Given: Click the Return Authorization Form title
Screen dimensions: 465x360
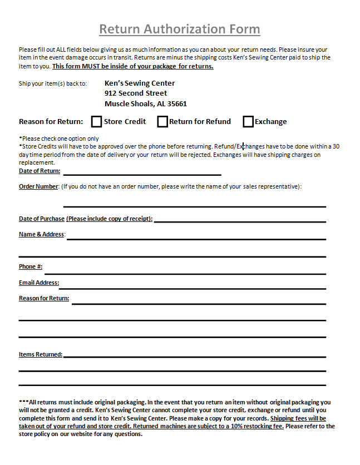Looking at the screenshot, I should click(x=179, y=29).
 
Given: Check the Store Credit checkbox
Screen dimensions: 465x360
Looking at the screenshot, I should click(x=97, y=121).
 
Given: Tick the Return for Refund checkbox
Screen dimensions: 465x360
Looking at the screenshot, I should click(x=162, y=121).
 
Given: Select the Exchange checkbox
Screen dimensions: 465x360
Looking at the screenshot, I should click(x=248, y=121).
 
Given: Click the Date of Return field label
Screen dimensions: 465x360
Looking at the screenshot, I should click(x=40, y=171).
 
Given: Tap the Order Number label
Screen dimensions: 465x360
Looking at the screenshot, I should click(x=38, y=187).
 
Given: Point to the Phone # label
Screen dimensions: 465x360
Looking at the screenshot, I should click(x=31, y=267).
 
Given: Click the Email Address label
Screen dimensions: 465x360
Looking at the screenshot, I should click(x=39, y=283).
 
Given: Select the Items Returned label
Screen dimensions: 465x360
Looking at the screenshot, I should click(x=41, y=354).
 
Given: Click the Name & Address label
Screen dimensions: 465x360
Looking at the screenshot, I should click(x=42, y=235).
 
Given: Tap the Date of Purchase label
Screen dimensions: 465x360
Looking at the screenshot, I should click(x=42, y=219).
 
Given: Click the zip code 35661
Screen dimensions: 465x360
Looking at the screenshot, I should click(x=176, y=104).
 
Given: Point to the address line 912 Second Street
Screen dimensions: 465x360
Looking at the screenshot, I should click(x=136, y=93).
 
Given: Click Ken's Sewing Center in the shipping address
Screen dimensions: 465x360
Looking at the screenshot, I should click(x=140, y=83).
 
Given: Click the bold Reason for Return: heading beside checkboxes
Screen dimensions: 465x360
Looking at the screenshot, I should click(x=51, y=122).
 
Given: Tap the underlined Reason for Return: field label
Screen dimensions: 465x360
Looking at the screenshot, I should click(x=44, y=299).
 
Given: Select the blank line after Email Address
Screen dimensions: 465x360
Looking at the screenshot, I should click(x=193, y=288).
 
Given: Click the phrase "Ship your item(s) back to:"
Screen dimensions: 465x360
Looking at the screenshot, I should click(x=53, y=84).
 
